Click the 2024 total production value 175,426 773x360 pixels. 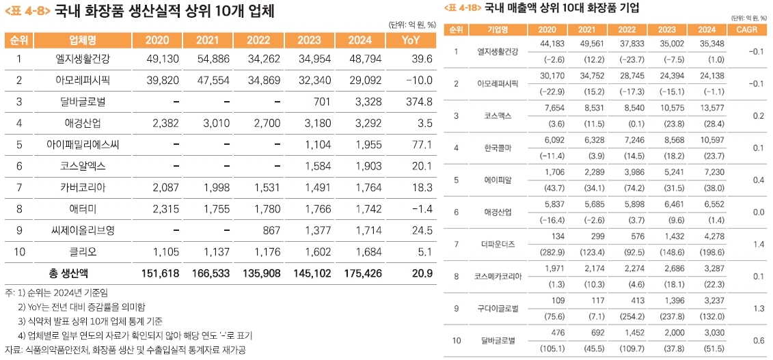point(363,273)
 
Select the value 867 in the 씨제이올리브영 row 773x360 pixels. point(272,230)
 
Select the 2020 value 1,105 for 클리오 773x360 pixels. point(163,251)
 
